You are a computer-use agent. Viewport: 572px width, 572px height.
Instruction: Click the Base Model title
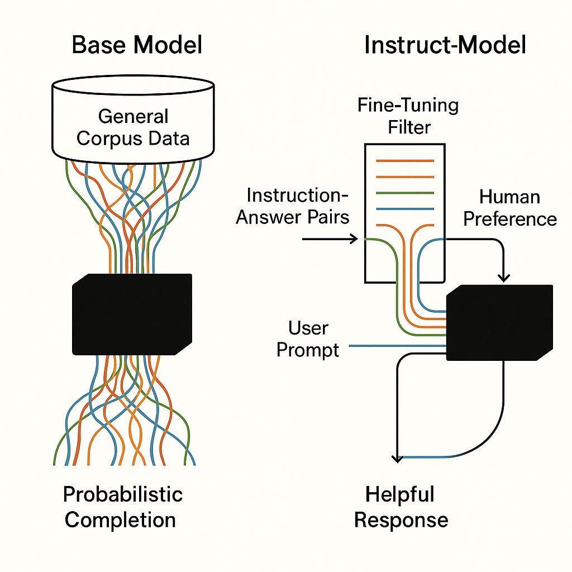pos(137,45)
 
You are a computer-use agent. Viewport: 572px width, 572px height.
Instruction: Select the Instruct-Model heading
pos(445,45)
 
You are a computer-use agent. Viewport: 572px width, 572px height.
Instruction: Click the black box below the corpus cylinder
pos(132,313)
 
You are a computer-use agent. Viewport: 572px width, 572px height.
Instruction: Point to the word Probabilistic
pos(123,494)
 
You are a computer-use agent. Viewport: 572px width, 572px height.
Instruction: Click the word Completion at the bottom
pos(120,520)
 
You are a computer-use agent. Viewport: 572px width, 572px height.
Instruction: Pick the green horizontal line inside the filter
pos(405,193)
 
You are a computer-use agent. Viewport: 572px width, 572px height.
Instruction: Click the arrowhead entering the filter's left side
pos(353,239)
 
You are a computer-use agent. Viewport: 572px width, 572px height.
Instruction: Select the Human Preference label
pos(509,207)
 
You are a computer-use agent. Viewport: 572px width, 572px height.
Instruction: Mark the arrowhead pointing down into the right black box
pos(504,277)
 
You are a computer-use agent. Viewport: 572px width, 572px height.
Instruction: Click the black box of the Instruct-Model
pos(499,323)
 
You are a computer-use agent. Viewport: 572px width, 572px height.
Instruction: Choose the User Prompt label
pos(308,339)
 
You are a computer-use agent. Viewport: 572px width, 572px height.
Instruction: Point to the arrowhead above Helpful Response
pos(397,458)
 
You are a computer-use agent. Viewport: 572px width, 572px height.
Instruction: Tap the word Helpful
pos(399,494)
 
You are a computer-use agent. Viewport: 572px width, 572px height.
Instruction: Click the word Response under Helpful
pos(401,520)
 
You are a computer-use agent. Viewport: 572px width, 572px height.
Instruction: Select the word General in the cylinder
pos(133,116)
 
